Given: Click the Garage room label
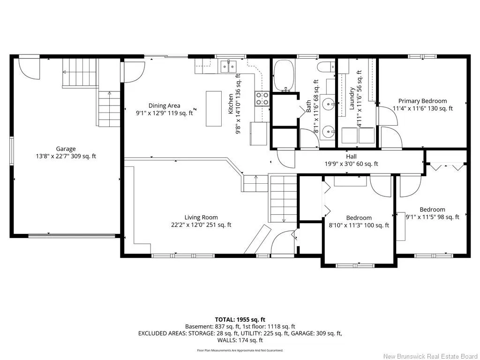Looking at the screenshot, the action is point(66,149).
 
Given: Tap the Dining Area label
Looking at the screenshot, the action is point(165,105).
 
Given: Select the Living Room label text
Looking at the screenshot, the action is point(201,217).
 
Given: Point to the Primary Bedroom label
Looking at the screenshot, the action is point(422,101).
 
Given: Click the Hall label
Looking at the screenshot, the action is point(352,157).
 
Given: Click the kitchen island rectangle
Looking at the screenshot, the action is point(214,108).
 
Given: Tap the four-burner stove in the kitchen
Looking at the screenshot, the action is point(262,99).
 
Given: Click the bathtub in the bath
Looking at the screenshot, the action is point(284,75).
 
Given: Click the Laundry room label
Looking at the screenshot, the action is point(352,98).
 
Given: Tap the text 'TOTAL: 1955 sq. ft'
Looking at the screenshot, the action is point(240,320).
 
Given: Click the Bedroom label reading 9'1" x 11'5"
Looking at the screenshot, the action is point(432,213).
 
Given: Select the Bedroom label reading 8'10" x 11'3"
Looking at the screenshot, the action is point(359,222).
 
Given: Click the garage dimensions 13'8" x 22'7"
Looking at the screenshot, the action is point(66,156).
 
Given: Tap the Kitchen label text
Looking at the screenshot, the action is point(231,104).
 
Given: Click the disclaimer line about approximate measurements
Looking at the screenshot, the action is point(240,350).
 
